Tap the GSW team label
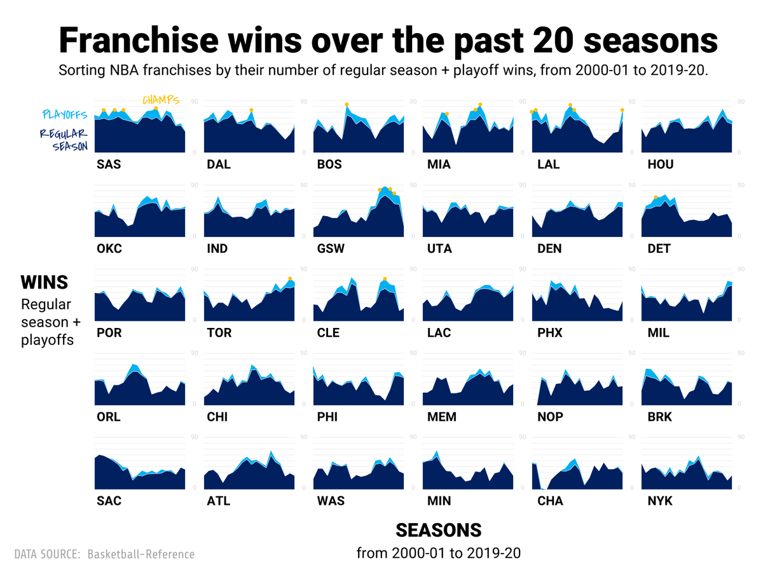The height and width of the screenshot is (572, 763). point(331,249)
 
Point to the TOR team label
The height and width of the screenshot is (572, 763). point(219,332)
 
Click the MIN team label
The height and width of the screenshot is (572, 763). point(439,501)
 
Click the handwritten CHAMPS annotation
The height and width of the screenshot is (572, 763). point(160,100)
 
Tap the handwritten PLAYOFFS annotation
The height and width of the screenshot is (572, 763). point(64,115)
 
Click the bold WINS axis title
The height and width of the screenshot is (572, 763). point(44,282)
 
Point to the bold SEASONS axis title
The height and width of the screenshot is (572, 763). point(438,530)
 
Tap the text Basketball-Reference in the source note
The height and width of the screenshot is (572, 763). point(141,554)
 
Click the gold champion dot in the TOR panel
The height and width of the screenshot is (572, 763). point(290,279)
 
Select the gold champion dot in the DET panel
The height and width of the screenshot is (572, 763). point(656,197)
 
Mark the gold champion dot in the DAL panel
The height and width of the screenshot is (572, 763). point(252,110)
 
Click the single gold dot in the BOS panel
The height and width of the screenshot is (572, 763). point(347,104)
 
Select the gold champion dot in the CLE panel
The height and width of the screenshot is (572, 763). point(385,279)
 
